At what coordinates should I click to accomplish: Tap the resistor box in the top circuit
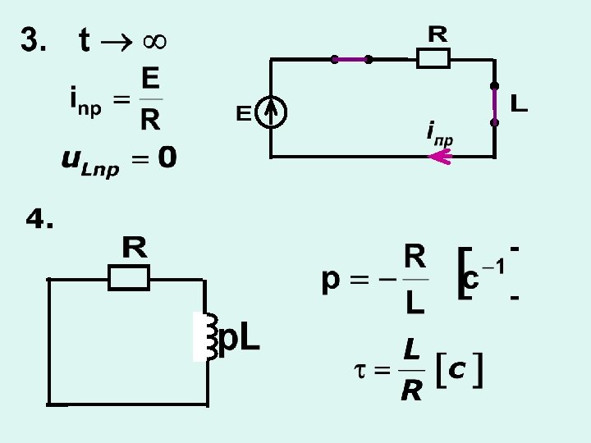pyautogui.click(x=433, y=59)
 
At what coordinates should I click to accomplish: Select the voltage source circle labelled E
pyautogui.click(x=271, y=113)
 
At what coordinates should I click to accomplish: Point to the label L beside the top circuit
pyautogui.click(x=519, y=104)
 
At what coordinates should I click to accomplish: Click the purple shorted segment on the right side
pyautogui.click(x=494, y=104)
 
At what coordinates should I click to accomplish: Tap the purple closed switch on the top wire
pyautogui.click(x=351, y=59)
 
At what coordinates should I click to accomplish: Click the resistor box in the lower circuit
pyautogui.click(x=129, y=279)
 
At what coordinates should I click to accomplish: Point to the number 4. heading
pyautogui.click(x=39, y=219)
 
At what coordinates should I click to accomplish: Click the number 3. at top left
pyautogui.click(x=34, y=40)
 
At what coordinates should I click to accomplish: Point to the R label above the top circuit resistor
pyautogui.click(x=438, y=34)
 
